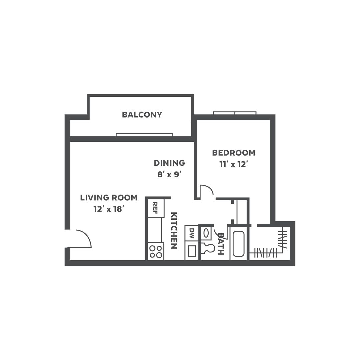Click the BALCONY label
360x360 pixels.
(x=142, y=115)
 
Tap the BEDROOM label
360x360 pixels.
(x=233, y=153)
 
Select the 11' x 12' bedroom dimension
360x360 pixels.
(x=233, y=164)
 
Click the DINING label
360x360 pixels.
(x=169, y=163)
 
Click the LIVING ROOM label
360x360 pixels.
(x=109, y=197)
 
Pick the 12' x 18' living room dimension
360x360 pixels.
(x=109, y=209)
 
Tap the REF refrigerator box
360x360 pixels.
(x=156, y=208)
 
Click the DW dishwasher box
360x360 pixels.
(x=191, y=233)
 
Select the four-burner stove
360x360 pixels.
(x=156, y=251)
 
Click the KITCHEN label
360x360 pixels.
(x=174, y=231)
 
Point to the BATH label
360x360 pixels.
(x=220, y=244)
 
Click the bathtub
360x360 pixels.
(x=238, y=244)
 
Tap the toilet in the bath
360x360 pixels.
(x=208, y=248)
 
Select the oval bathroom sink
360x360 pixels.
(x=206, y=233)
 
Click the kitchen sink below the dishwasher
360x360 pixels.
(x=192, y=251)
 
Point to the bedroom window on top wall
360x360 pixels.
(x=235, y=113)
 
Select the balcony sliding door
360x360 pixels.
(x=144, y=135)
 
